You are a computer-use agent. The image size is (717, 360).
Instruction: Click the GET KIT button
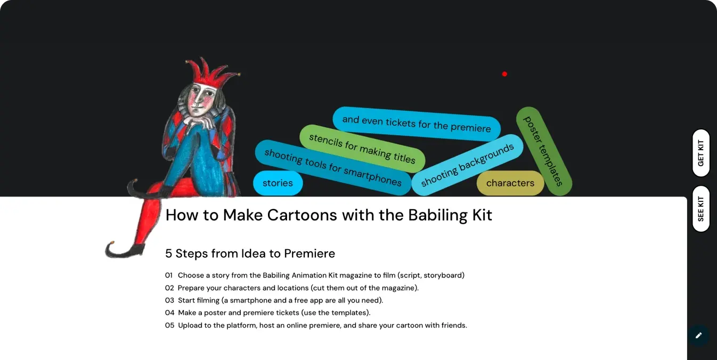click(x=700, y=153)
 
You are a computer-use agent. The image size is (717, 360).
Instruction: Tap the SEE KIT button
click(x=700, y=209)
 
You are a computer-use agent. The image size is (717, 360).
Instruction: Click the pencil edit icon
click(x=699, y=336)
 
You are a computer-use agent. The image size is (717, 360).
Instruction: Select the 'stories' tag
click(x=278, y=183)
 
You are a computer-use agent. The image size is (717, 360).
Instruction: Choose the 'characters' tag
click(x=510, y=183)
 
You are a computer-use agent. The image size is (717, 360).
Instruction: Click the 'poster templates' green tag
click(x=544, y=151)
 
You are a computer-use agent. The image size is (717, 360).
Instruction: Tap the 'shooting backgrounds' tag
click(x=467, y=165)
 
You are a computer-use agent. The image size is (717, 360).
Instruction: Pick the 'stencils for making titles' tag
click(x=362, y=149)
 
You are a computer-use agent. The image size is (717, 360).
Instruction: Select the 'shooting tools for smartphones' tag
click(x=333, y=167)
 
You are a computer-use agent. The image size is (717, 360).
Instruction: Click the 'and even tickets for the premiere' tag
click(x=417, y=124)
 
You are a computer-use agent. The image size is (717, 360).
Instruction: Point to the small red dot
click(x=504, y=74)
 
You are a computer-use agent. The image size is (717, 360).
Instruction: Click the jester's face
click(x=201, y=99)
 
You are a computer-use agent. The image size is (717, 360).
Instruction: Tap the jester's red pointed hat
click(x=211, y=72)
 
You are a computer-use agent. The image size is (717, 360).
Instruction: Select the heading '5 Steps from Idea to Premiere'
click(x=250, y=253)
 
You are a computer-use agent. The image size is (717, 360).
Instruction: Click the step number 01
click(x=169, y=275)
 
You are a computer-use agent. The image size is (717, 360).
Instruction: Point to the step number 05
click(x=169, y=325)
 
